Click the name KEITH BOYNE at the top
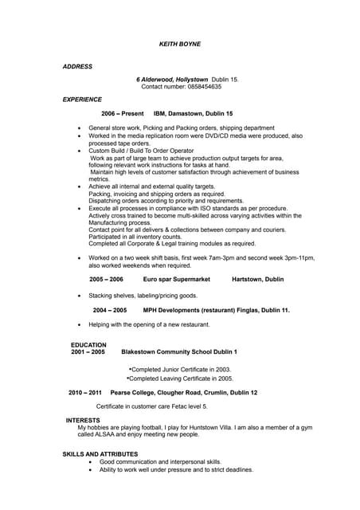pos(180,44)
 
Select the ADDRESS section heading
pos(77,66)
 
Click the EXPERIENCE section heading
pos(82,100)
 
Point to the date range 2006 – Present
pos(122,114)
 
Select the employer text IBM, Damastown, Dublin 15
pos(193,114)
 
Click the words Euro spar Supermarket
pos(176,280)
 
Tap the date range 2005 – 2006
pos(106,280)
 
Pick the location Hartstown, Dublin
pos(257,280)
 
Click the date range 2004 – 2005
pos(109,310)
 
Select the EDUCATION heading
pos(88,345)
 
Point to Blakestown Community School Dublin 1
pos(179,351)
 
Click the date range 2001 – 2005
pos(88,351)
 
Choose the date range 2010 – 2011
pos(84,393)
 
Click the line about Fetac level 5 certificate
pos(151,406)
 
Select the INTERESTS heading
pos(83,420)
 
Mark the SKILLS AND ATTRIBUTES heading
pos(100,454)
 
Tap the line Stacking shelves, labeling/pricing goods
pos(143,295)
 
